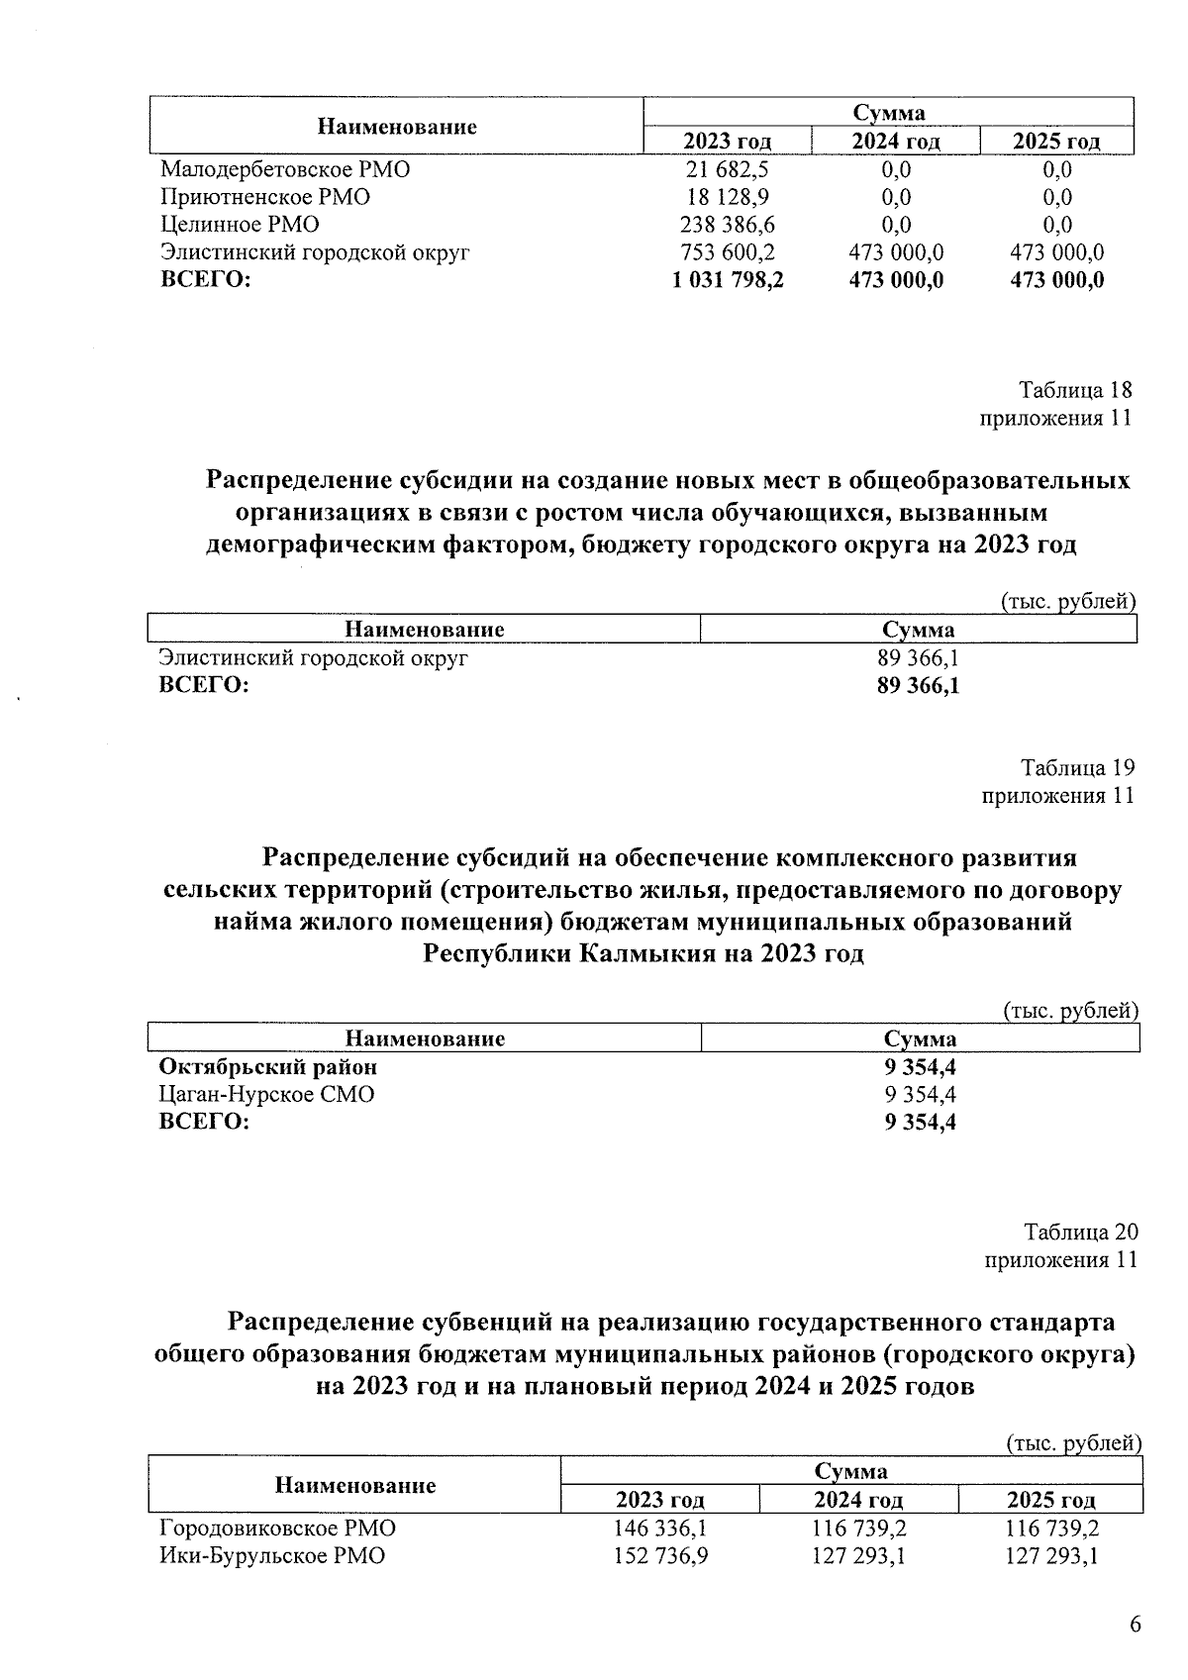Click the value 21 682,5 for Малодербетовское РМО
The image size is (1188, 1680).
click(x=727, y=169)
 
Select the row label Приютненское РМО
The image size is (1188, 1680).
click(x=264, y=197)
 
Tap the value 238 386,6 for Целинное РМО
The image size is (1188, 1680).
click(x=727, y=225)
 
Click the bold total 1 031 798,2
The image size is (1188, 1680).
click(x=727, y=281)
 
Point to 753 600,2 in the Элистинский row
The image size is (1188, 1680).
click(x=727, y=252)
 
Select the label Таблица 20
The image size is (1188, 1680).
click(x=1080, y=1233)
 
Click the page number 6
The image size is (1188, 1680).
click(x=1135, y=1625)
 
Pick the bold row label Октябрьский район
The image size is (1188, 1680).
click(x=268, y=1067)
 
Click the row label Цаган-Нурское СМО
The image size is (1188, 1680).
click(x=266, y=1095)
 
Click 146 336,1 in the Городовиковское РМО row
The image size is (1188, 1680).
click(x=660, y=1529)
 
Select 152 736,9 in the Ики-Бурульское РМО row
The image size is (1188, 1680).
click(x=660, y=1556)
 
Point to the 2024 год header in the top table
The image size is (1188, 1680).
click(x=896, y=142)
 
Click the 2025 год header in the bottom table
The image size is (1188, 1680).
click(x=1050, y=1500)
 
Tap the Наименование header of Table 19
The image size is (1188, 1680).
click(x=425, y=1038)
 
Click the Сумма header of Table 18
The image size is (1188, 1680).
click(x=918, y=630)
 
